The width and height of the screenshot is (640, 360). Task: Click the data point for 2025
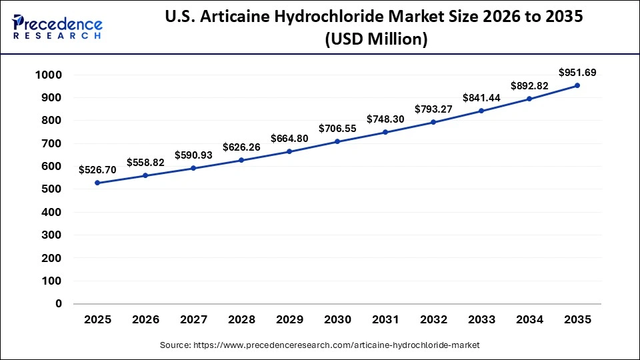[x=97, y=183]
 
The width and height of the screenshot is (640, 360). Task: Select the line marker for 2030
[x=337, y=141]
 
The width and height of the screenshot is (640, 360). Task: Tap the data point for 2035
[x=577, y=85]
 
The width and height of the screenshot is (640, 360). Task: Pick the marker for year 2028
[x=241, y=160]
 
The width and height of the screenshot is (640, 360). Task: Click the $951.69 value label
[x=577, y=72]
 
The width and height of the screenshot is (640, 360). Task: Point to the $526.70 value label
[x=97, y=170]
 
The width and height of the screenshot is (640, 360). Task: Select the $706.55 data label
[x=337, y=128]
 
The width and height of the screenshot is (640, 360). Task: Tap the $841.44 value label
[x=481, y=98]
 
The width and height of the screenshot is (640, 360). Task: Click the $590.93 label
[x=193, y=155]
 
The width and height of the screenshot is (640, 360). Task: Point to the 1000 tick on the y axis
[x=48, y=75]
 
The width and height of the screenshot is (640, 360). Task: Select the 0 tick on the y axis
[x=59, y=303]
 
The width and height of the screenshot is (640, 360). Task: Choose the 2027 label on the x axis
[x=193, y=320]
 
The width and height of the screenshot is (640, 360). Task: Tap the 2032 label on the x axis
[x=433, y=320]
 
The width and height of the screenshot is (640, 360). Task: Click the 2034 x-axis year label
[x=529, y=320]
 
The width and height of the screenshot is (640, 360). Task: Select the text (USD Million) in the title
[x=375, y=39]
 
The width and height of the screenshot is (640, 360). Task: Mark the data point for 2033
[x=481, y=111]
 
